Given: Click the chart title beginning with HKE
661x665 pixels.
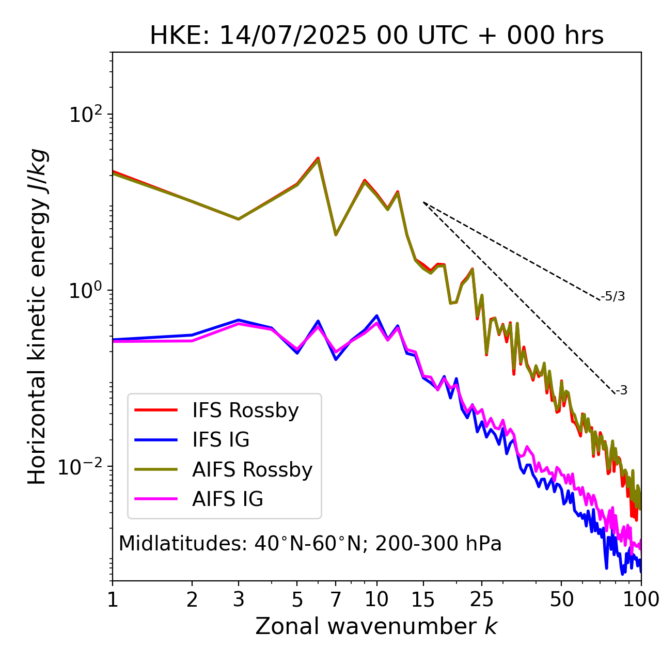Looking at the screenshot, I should click(376, 36).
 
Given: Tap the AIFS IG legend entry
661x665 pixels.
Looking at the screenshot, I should click(228, 499).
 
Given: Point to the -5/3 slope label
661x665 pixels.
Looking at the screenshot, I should click(613, 297).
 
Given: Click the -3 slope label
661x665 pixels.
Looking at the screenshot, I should click(621, 391).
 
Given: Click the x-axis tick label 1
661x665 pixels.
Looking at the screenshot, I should click(113, 599).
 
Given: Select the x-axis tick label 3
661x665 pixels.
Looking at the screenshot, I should click(238, 599).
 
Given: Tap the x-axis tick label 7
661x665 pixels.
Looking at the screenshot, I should click(336, 599).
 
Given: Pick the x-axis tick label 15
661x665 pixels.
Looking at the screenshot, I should click(423, 599).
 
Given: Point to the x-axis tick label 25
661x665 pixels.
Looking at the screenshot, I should click(482, 599).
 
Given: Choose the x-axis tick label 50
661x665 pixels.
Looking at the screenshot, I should click(561, 599).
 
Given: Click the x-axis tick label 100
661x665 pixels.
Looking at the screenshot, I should click(641, 599).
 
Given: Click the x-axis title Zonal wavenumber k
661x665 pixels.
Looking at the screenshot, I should click(376, 626).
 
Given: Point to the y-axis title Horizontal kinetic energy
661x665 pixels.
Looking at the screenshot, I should click(38, 316).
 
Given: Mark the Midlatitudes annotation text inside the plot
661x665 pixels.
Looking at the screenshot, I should click(310, 544).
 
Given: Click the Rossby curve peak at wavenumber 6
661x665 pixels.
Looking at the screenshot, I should click(318, 159).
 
